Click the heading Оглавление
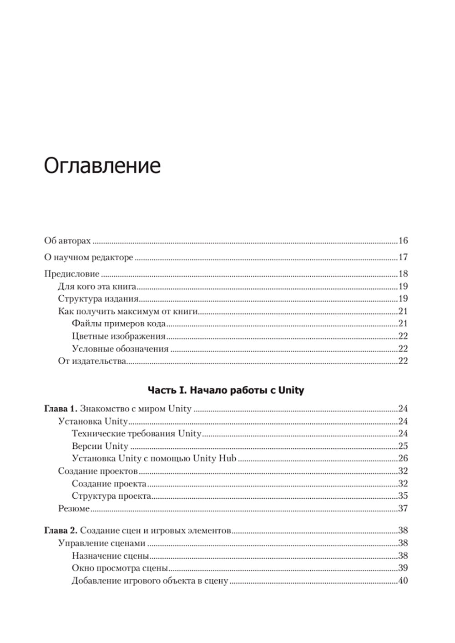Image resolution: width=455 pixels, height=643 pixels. point(102,166)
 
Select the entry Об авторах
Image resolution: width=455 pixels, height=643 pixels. point(67,241)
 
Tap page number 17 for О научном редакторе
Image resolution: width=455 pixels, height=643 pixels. point(403,257)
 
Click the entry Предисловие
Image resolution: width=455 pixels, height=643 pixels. point(71,273)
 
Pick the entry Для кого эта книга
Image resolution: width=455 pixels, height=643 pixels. point(97,286)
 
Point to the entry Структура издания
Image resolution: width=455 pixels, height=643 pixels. point(98,299)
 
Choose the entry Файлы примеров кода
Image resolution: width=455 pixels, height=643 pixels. point(118,324)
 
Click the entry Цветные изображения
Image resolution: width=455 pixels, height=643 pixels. point(118,336)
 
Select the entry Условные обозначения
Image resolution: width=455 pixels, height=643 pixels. point(120,349)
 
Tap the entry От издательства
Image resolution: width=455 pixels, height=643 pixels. point(91,361)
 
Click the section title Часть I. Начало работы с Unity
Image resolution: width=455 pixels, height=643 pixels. point(226,390)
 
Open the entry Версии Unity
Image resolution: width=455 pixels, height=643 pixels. point(100,446)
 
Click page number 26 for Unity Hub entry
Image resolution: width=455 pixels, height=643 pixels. point(403,458)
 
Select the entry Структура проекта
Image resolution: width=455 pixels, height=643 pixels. point(111,496)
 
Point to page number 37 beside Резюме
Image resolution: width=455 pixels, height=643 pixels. point(403,508)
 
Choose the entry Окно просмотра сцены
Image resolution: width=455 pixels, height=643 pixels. point(120,568)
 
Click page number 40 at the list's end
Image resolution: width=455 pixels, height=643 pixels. point(403,581)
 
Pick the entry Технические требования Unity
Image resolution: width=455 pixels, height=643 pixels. point(136,433)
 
